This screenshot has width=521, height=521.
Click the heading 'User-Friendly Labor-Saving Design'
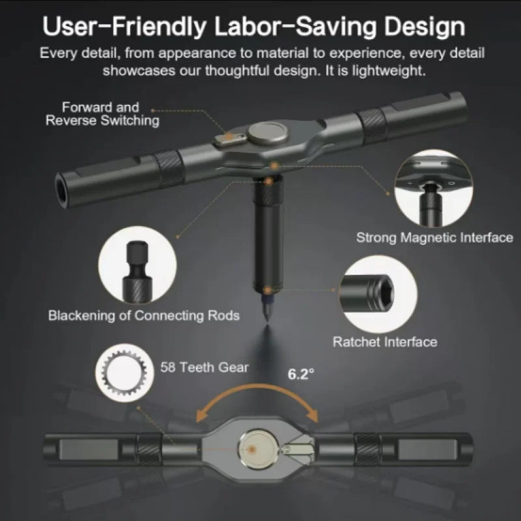[254, 27]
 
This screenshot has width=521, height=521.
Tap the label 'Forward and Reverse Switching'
[101, 113]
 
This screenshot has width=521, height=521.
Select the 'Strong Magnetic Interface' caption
[434, 238]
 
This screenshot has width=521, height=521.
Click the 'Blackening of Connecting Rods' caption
[144, 316]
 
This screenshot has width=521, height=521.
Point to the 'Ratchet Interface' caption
[385, 341]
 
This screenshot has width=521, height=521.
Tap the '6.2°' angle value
[301, 373]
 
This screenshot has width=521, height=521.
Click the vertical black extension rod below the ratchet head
[267, 241]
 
